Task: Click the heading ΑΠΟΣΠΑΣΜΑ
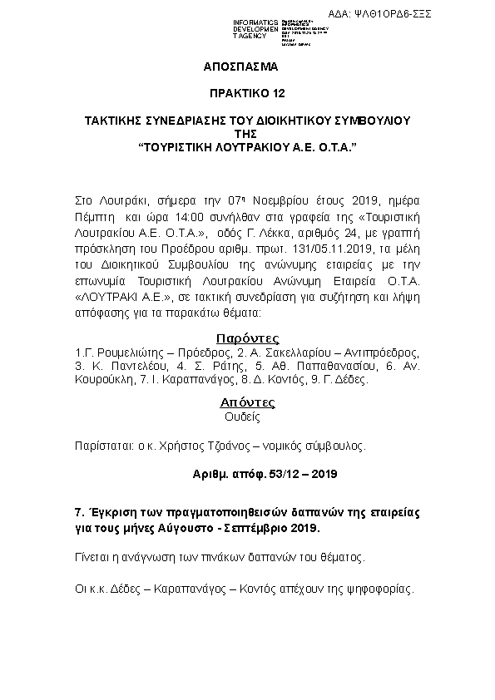[240, 65]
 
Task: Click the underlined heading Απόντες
[247, 402]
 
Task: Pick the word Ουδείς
[243, 418]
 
